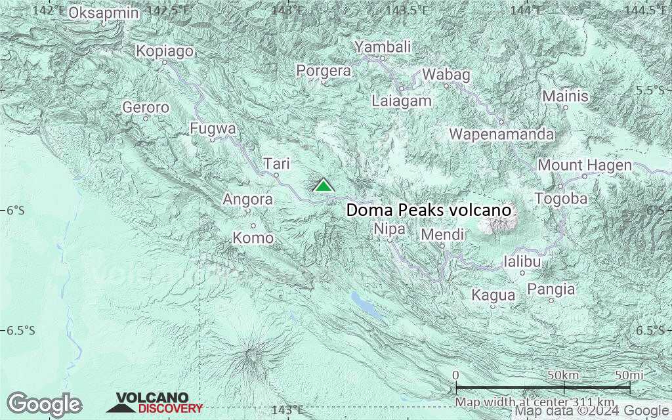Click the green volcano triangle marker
(x=323, y=186)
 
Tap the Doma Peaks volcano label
(x=428, y=211)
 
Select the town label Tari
(x=276, y=163)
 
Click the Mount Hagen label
(x=585, y=165)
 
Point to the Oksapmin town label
(x=104, y=12)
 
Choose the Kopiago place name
(x=165, y=51)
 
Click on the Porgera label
(x=324, y=71)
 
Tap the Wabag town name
(x=446, y=75)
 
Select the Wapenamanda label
(x=501, y=135)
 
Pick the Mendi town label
(x=442, y=234)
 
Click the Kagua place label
(x=493, y=295)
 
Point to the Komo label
(x=253, y=238)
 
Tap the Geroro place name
(x=146, y=107)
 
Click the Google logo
(x=44, y=404)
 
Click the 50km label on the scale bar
(x=563, y=375)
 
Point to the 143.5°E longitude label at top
(x=407, y=10)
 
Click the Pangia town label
(x=551, y=289)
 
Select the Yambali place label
(x=383, y=47)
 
